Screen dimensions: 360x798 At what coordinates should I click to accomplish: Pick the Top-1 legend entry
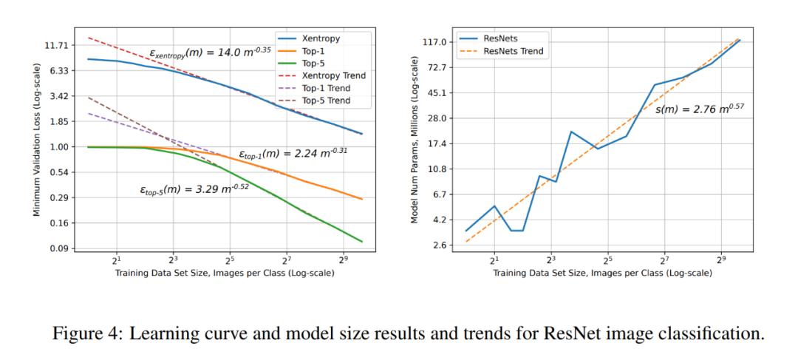[x=315, y=50]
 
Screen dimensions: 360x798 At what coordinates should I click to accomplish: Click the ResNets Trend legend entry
[x=513, y=51]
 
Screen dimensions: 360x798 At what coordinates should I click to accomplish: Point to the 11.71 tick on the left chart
[x=56, y=45]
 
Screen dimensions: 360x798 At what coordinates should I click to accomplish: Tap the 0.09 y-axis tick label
[x=58, y=248]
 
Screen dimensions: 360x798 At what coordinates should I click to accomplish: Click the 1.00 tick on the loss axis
[x=58, y=147]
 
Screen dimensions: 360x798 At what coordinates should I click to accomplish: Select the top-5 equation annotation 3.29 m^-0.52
[x=194, y=189]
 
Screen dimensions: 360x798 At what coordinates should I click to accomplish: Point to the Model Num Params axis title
[x=415, y=143]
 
